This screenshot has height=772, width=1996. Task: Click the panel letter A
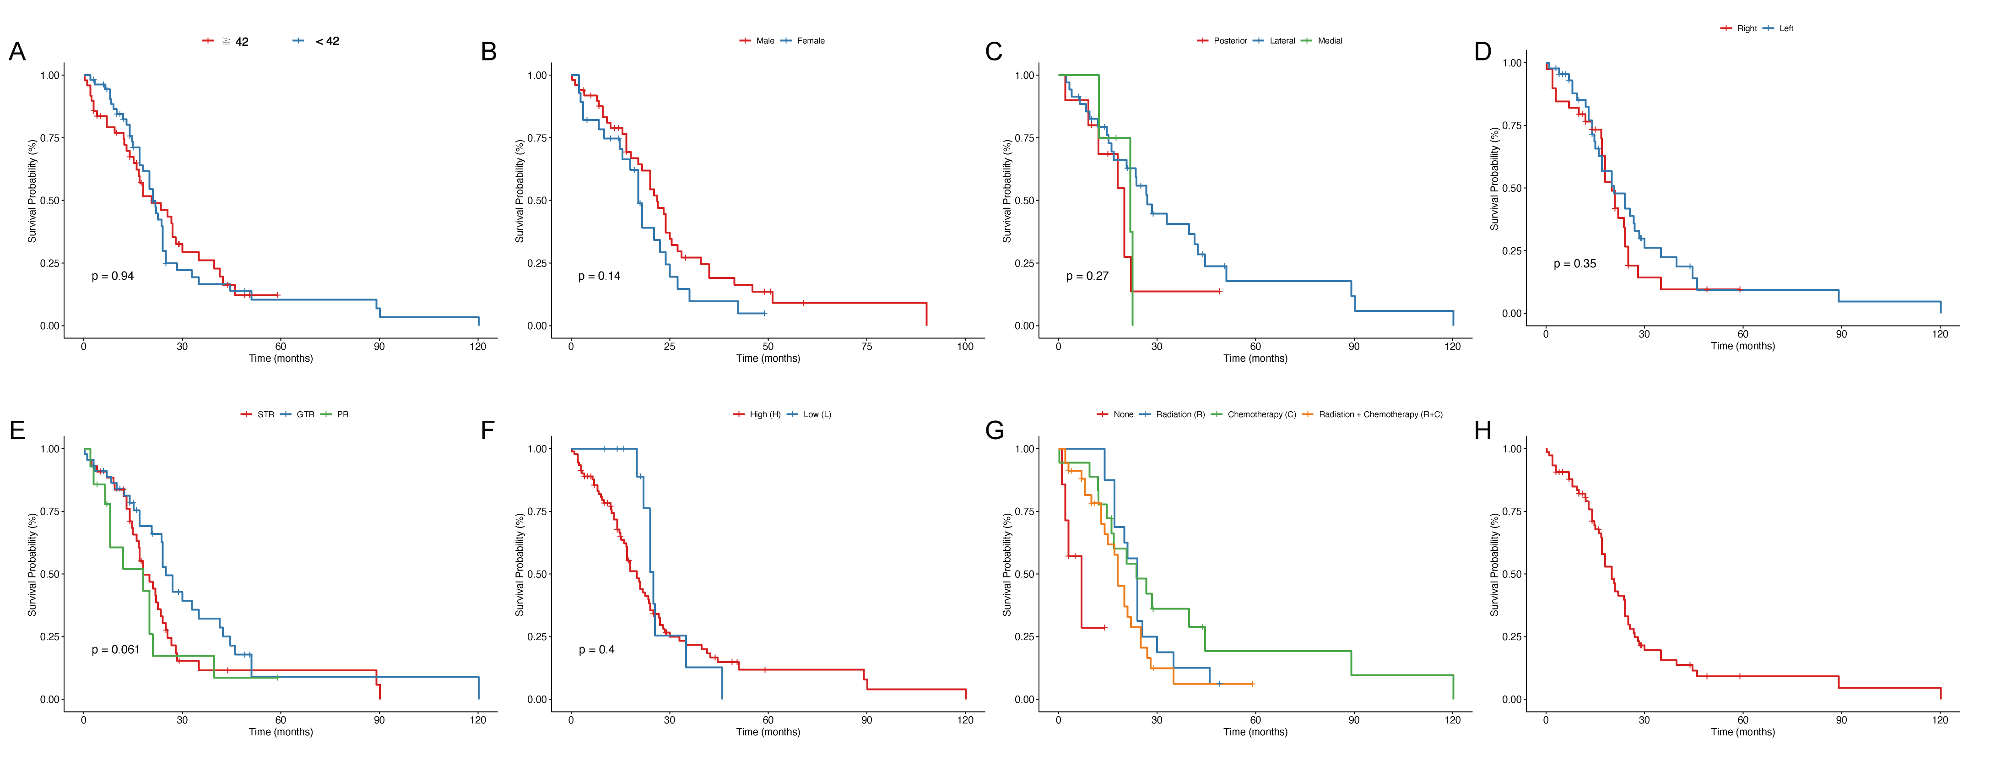[17, 51]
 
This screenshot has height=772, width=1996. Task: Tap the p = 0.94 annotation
[112, 276]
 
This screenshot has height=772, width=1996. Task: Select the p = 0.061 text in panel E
[115, 650]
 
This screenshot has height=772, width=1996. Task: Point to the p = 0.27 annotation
[1087, 276]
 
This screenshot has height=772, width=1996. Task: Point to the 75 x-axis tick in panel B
[866, 347]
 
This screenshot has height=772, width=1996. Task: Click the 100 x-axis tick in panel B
[965, 347]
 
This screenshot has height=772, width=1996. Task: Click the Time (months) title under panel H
[1742, 732]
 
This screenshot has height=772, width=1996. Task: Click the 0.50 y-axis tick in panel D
[1513, 188]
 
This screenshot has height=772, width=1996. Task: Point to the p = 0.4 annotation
[597, 650]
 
